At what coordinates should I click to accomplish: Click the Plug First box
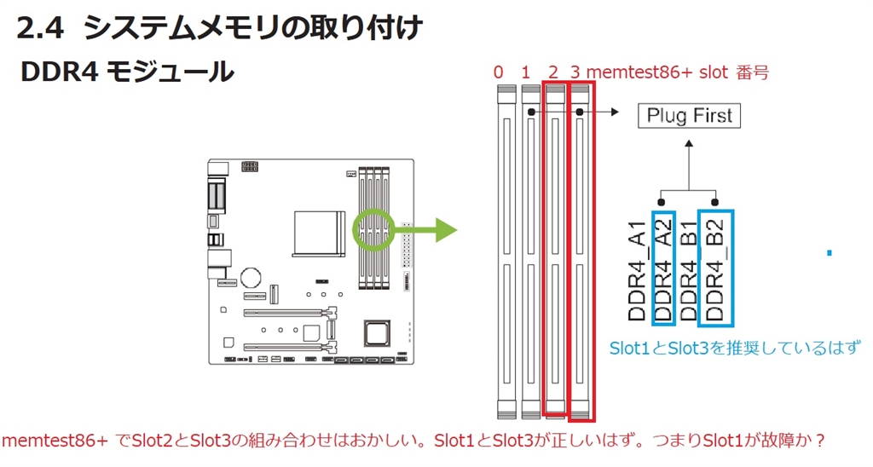(690, 116)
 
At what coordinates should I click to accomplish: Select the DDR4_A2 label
(663, 268)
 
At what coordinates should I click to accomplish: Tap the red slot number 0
(498, 72)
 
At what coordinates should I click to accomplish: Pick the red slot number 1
(525, 72)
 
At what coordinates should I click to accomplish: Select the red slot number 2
(552, 72)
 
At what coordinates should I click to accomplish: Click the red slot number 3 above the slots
(577, 72)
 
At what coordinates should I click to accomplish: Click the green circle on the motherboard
(372, 230)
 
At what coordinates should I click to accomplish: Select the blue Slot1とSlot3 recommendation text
(734, 349)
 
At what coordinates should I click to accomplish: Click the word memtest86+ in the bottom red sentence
(56, 441)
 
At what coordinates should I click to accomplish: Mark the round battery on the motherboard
(249, 278)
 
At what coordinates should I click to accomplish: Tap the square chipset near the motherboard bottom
(376, 332)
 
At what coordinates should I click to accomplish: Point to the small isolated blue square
(830, 252)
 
